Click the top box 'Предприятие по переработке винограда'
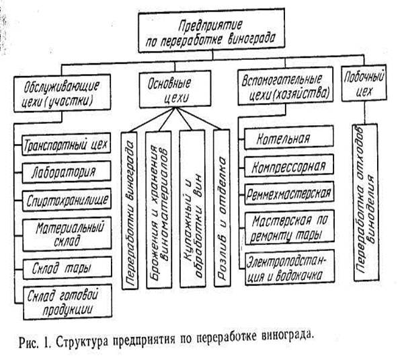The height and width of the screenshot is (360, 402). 212,30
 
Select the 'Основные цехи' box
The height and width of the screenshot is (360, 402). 175,89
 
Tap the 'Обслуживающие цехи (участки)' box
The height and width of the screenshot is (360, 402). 63,93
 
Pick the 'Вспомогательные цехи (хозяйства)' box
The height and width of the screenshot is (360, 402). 286,85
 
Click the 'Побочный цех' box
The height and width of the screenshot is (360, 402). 364,83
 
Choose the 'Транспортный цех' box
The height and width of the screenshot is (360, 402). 67,144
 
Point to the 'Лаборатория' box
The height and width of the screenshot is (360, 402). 67,172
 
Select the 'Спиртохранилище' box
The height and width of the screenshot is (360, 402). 67,200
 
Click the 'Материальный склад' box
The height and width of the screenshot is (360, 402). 67,233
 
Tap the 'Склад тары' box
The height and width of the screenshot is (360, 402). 67,268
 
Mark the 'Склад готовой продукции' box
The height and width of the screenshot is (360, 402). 68,302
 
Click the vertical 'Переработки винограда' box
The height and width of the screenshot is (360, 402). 130,211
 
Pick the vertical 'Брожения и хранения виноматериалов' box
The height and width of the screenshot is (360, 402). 159,210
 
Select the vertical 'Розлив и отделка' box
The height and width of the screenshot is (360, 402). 222,208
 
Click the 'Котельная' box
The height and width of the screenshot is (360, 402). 289,137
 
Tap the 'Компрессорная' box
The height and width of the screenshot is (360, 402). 289,166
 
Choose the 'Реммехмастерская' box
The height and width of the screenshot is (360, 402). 290,193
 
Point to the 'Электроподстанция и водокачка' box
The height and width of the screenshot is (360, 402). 290,268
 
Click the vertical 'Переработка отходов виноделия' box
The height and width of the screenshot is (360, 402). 366,203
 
